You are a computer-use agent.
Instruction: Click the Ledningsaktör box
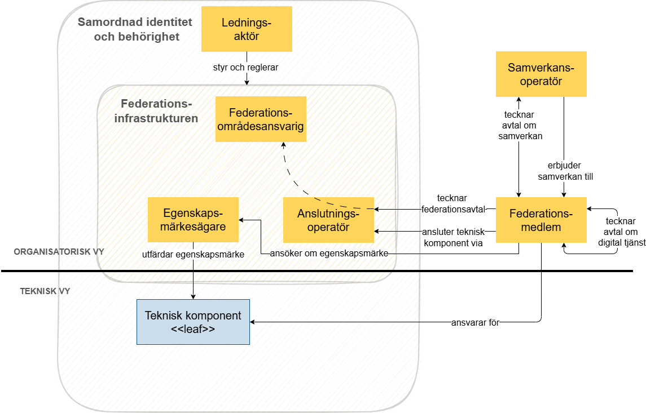(247, 29)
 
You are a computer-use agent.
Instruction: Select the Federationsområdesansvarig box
(261, 119)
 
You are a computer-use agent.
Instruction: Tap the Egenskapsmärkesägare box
(193, 220)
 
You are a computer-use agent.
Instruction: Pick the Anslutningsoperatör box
(328, 220)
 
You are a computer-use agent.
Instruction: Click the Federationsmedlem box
(541, 220)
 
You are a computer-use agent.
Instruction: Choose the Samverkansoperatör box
(541, 74)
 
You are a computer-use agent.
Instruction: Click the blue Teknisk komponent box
(193, 322)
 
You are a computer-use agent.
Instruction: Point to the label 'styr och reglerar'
(246, 67)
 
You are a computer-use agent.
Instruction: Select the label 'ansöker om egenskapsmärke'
(329, 254)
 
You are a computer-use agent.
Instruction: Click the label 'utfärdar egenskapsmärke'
(193, 254)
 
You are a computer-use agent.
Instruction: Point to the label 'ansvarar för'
(476, 323)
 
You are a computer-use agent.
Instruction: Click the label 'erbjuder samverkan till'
(564, 171)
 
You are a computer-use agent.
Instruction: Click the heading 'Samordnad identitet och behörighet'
(134, 29)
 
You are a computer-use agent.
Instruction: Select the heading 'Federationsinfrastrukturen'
(156, 111)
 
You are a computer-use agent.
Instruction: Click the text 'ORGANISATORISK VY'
(59, 251)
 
